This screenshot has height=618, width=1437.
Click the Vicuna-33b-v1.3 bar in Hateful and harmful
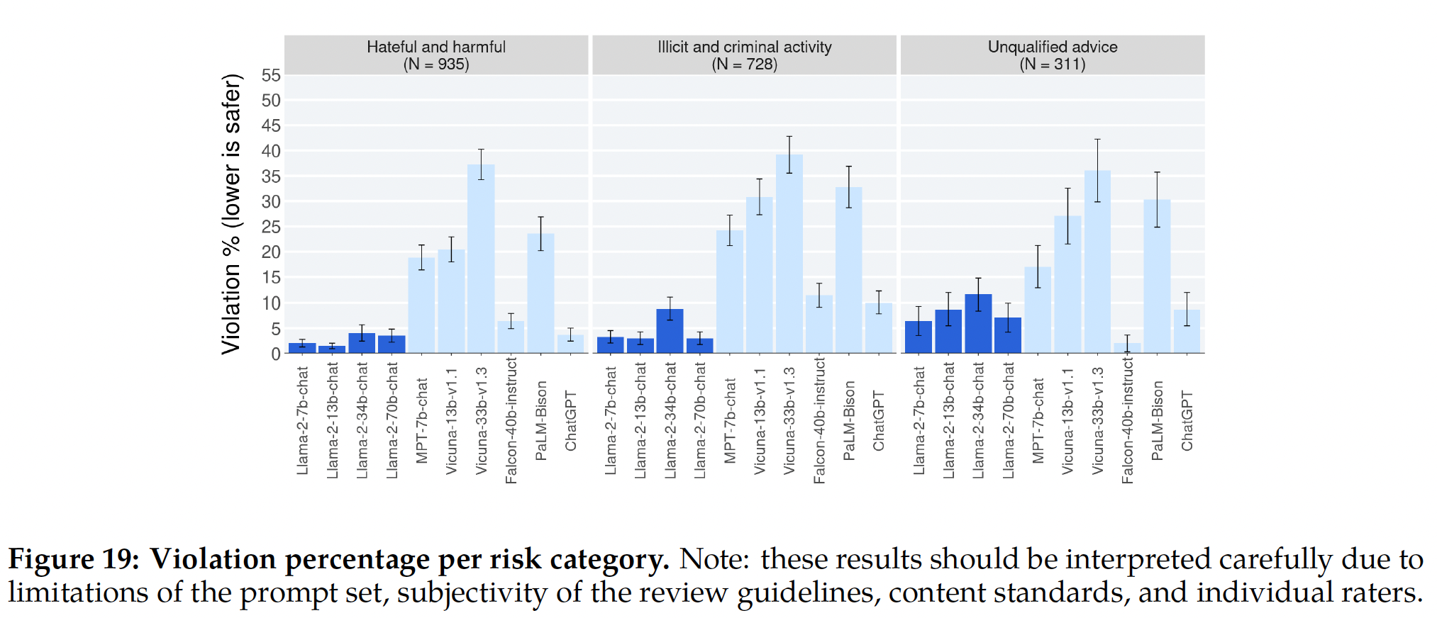tap(481, 259)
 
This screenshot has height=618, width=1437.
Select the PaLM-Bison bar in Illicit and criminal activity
tap(849, 270)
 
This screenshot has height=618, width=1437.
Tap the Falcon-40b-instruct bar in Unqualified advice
tap(1127, 348)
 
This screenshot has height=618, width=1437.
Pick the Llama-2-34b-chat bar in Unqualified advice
tap(978, 324)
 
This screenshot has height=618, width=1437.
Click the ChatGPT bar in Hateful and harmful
tap(570, 344)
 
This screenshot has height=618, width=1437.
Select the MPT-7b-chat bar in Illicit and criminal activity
tap(730, 291)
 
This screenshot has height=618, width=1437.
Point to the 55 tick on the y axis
tap(271, 75)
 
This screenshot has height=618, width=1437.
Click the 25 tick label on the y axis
tap(271, 227)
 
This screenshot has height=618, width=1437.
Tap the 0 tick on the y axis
tap(276, 354)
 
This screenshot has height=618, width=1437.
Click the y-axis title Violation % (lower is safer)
tap(232, 213)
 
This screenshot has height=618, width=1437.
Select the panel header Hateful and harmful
tap(436, 47)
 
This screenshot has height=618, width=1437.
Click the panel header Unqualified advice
tap(1053, 47)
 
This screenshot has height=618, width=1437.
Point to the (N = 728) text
tap(744, 64)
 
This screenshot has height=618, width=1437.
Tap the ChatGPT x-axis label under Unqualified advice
tap(1187, 420)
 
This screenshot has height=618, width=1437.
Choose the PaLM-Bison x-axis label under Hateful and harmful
tap(541, 420)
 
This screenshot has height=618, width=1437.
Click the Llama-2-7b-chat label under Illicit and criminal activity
tap(611, 420)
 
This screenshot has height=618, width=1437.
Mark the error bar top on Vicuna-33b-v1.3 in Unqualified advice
tap(1097, 140)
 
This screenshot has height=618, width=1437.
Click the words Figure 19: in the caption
tap(74, 559)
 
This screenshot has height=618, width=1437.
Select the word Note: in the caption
tap(714, 559)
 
